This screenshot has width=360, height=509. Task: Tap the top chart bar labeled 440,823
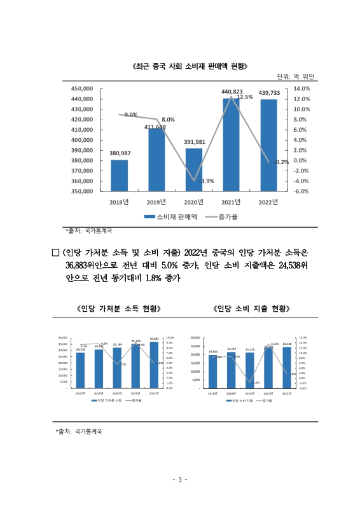coord(232,144)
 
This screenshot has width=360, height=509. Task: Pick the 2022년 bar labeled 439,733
coord(269,145)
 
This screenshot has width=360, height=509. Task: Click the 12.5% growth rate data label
coord(246,97)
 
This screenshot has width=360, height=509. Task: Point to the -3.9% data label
coord(206,181)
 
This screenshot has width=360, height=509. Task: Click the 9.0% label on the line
coord(131,115)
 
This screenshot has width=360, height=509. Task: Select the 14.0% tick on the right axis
coord(301,89)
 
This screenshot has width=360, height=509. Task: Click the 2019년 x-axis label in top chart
coord(156,202)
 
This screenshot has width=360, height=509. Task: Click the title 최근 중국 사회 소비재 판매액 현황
coord(189,66)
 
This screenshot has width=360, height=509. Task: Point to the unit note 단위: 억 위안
coord(296,77)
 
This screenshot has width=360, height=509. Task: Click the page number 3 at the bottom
coord(180,479)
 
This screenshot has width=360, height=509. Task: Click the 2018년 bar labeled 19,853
coord(213,372)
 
